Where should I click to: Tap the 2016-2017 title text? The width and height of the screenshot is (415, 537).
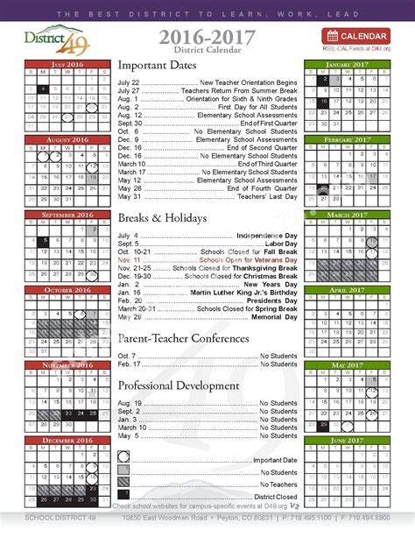pos(207,34)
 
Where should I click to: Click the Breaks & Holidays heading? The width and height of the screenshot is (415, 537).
pos(163,217)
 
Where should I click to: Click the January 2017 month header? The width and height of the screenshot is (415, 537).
pos(348,65)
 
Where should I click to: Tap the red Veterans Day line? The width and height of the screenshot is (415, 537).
pos(207,260)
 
